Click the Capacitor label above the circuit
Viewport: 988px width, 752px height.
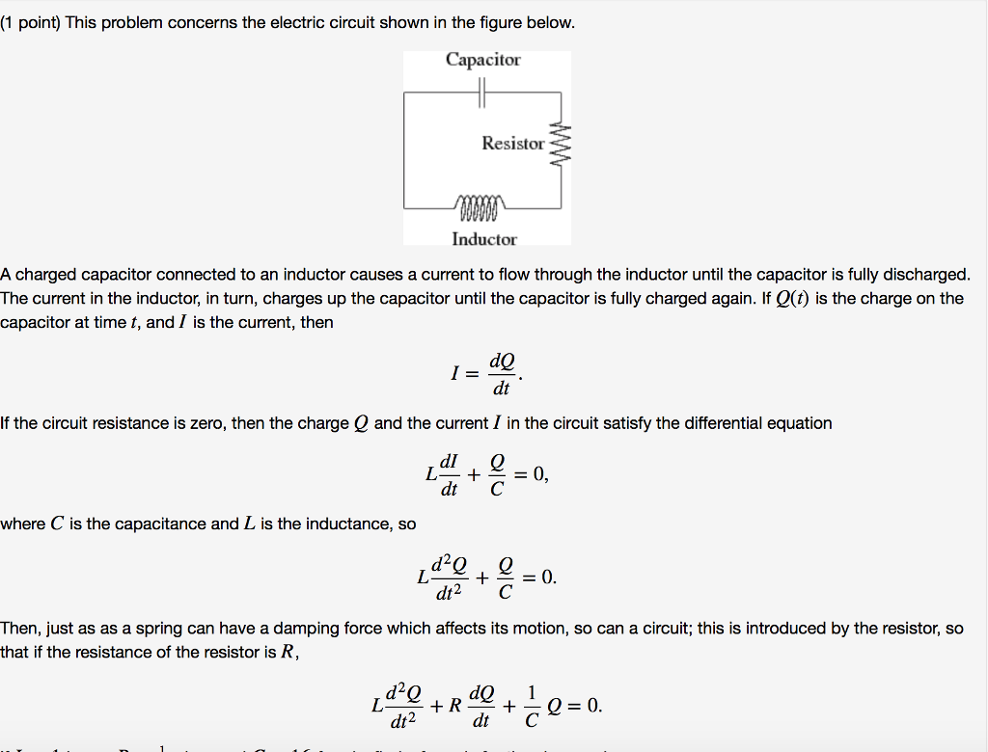pos(482,60)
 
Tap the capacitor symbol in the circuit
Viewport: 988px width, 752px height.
pos(483,93)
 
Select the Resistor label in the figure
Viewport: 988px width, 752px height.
pos(513,144)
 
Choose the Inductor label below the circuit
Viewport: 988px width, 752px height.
pos(484,239)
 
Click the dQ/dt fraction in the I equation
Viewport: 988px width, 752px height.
pos(502,375)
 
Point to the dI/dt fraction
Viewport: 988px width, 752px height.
pos(449,474)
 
